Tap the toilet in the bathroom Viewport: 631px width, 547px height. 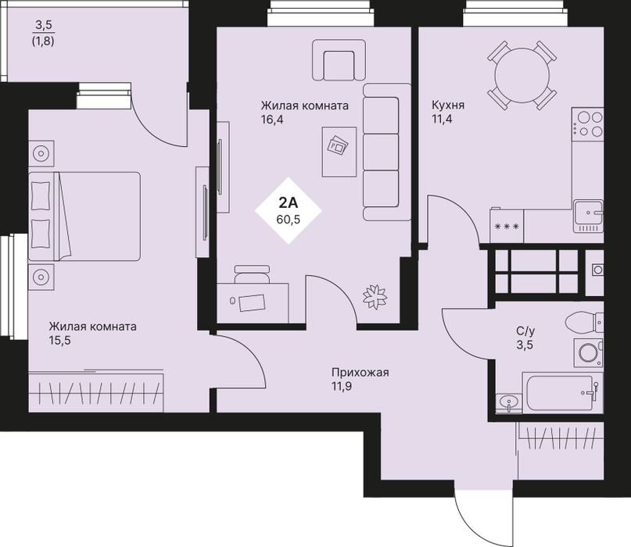click(x=584, y=322)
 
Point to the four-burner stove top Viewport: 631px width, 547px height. click(x=587, y=124)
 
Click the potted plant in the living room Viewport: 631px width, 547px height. click(x=375, y=297)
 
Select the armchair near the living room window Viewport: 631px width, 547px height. click(x=339, y=60)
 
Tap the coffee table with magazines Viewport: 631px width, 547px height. click(x=339, y=152)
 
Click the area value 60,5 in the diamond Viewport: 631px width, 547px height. click(x=289, y=220)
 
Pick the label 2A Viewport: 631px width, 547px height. click(x=289, y=203)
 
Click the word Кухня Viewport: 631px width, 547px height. click(x=448, y=105)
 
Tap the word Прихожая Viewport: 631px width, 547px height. click(x=360, y=373)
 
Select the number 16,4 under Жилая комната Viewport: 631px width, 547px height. click(x=272, y=120)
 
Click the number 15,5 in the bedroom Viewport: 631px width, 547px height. click(x=59, y=341)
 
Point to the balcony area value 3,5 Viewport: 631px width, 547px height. click(x=44, y=25)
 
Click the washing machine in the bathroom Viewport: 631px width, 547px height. click(x=588, y=352)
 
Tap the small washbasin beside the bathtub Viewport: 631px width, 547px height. click(x=509, y=402)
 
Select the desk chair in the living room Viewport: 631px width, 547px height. click(x=252, y=274)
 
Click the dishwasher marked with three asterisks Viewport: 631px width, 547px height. click(x=507, y=226)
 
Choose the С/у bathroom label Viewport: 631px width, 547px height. click(x=525, y=331)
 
